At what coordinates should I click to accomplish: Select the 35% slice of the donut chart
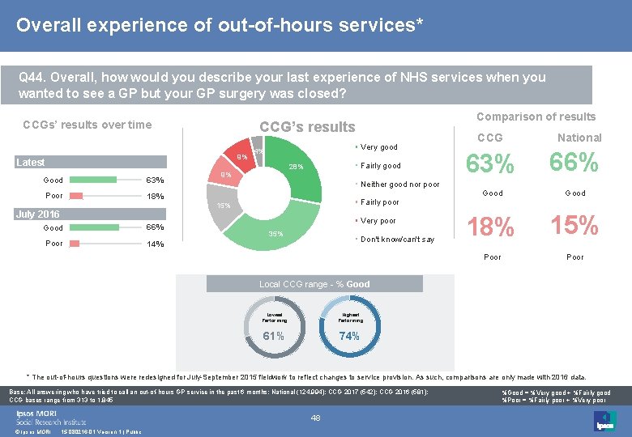tap(275, 231)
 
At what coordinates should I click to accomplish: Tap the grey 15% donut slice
tap(220, 202)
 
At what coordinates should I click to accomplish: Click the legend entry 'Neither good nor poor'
tap(399, 184)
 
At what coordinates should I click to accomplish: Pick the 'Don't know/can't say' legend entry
tap(397, 239)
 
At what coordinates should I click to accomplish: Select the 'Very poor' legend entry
tap(378, 220)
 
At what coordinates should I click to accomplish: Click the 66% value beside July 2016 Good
tap(153, 228)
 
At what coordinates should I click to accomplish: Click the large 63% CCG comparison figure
tap(492, 164)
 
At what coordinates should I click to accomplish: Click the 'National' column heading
tap(579, 138)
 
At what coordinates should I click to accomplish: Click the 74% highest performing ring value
tap(349, 336)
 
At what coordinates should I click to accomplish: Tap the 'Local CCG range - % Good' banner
tap(314, 284)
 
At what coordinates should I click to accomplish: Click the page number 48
tap(317, 418)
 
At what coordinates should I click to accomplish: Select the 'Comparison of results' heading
tap(536, 117)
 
